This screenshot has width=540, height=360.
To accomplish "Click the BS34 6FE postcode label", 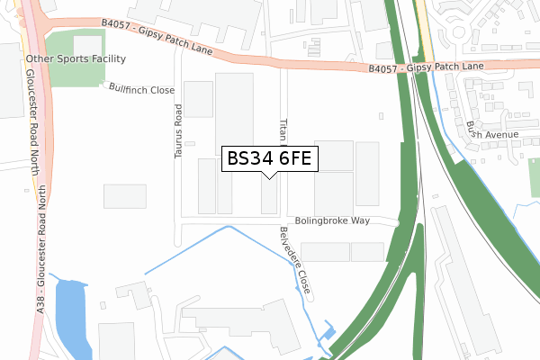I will (269, 159).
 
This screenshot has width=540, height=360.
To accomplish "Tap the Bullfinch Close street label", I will (141, 90).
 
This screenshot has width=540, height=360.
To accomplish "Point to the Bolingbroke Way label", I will (332, 220).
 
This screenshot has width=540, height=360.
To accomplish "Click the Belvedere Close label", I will (295, 261).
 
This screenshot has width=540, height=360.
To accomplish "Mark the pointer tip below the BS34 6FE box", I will (269, 178).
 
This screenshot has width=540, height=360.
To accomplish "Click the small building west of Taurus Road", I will (124, 195).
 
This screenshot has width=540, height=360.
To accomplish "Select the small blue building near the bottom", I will (328, 334).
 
